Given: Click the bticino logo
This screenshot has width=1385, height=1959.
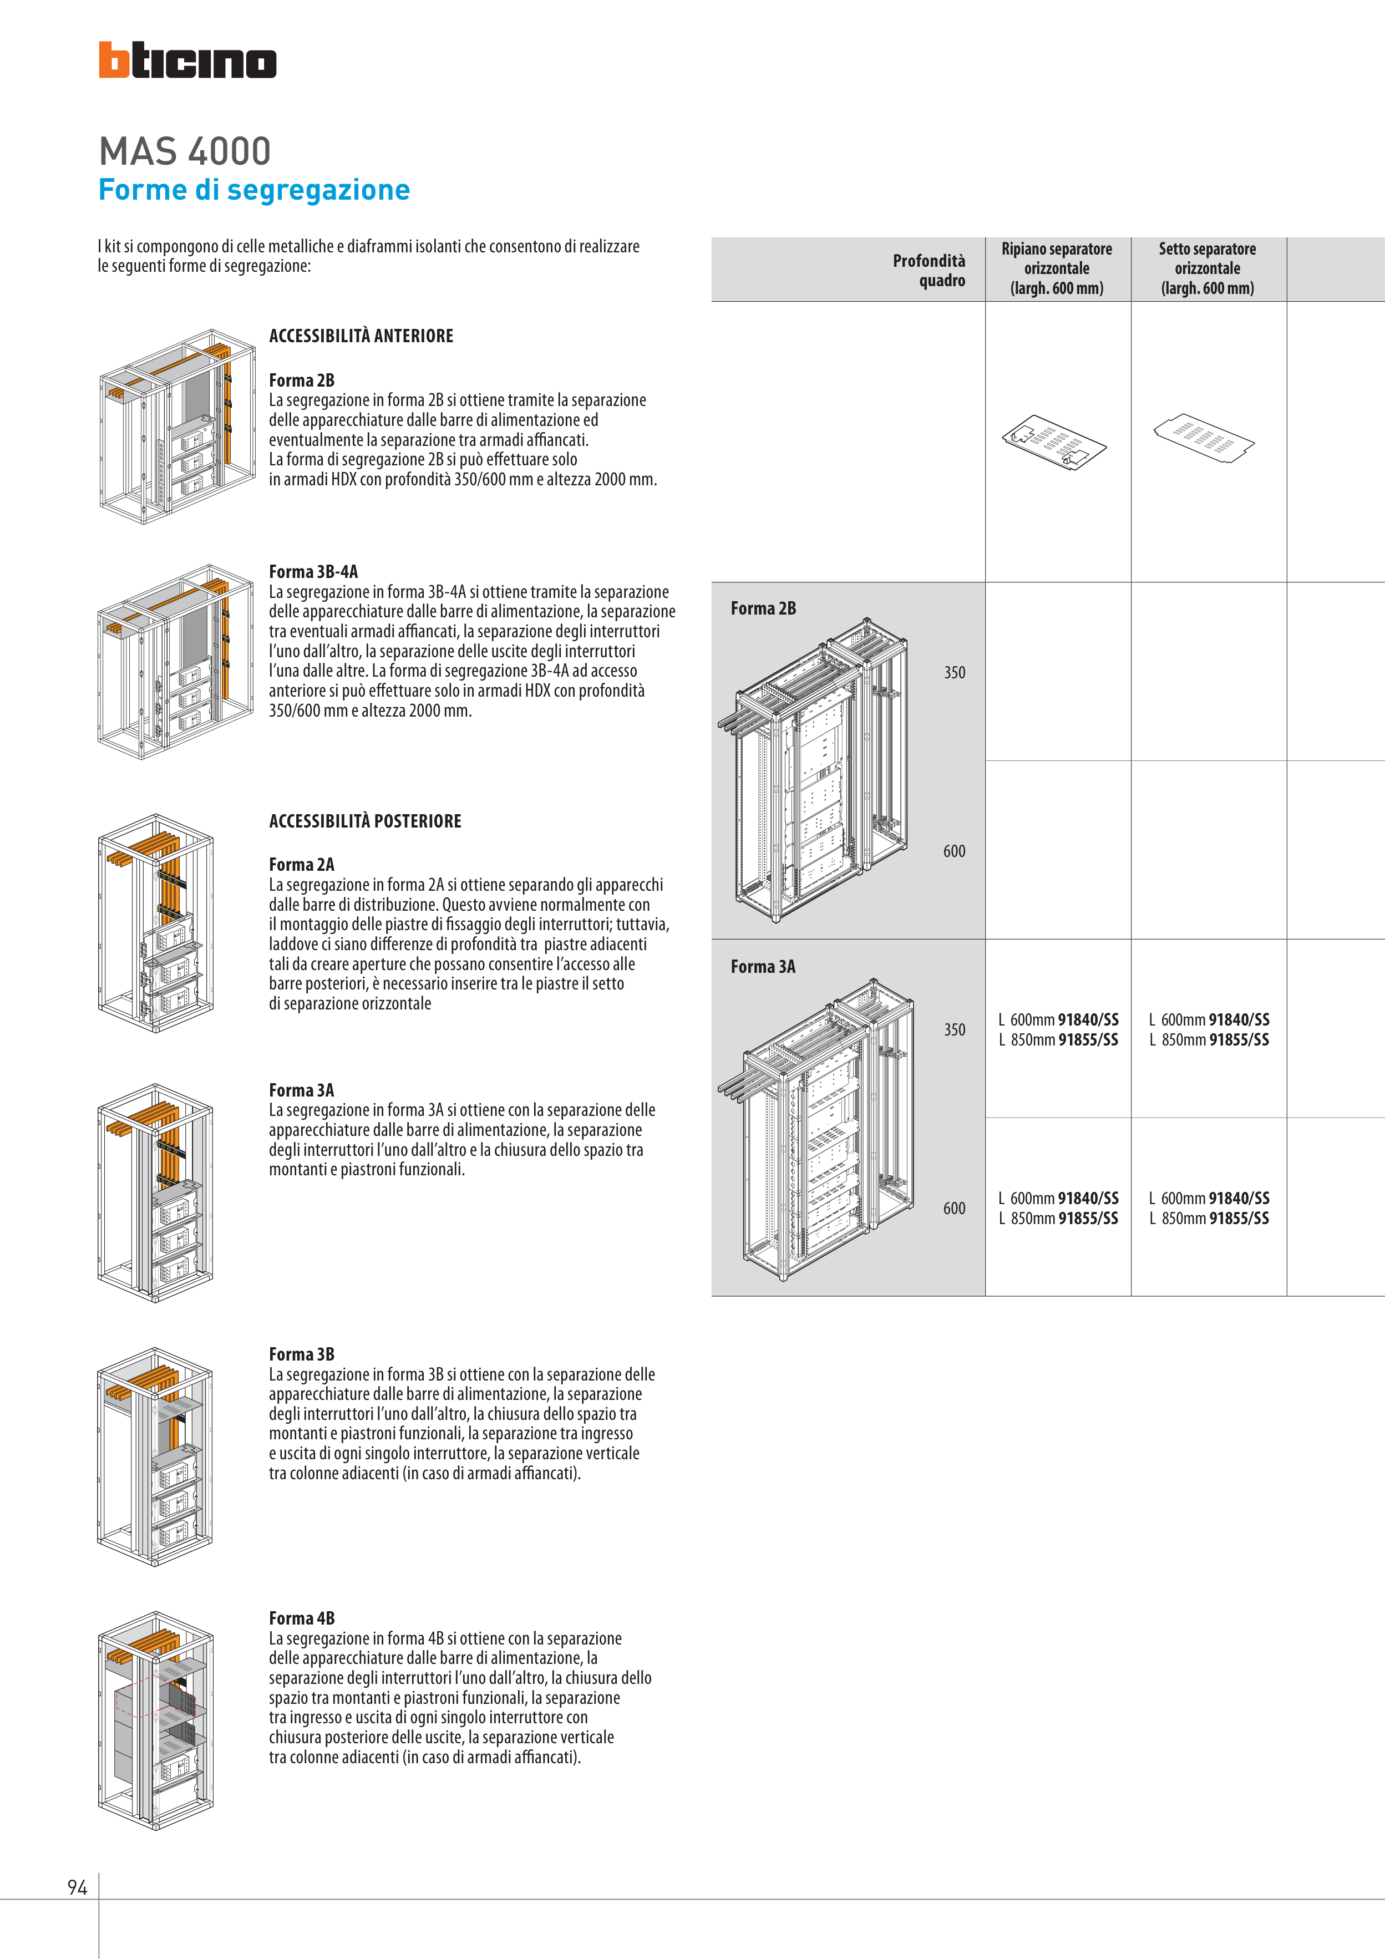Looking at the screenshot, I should [x=187, y=60].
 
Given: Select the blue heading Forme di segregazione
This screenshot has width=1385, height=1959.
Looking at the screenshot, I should [x=253, y=190].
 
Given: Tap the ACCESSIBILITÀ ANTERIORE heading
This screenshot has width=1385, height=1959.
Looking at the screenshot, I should [x=361, y=336].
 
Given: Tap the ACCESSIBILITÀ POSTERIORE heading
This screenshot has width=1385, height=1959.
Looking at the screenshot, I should [x=364, y=821].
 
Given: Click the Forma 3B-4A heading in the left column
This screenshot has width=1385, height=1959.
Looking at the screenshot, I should [x=313, y=572].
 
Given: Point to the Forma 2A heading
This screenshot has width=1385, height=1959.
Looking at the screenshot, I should [x=301, y=864].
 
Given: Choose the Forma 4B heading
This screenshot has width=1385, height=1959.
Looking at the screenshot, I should [x=301, y=1618].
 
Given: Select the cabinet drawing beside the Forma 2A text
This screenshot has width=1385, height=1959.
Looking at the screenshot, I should [x=155, y=923].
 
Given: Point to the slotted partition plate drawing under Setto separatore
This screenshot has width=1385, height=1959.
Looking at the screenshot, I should [x=1203, y=436].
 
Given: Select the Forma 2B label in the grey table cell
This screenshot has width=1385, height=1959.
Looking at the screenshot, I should [x=763, y=608].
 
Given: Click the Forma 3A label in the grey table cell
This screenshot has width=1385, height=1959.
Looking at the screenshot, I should [x=762, y=967].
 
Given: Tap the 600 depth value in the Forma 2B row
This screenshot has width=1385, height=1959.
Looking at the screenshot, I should [x=954, y=851].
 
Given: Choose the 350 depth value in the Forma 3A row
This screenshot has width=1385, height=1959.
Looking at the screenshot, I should [x=954, y=1030].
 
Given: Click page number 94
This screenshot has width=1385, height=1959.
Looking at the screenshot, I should [x=77, y=1887].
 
